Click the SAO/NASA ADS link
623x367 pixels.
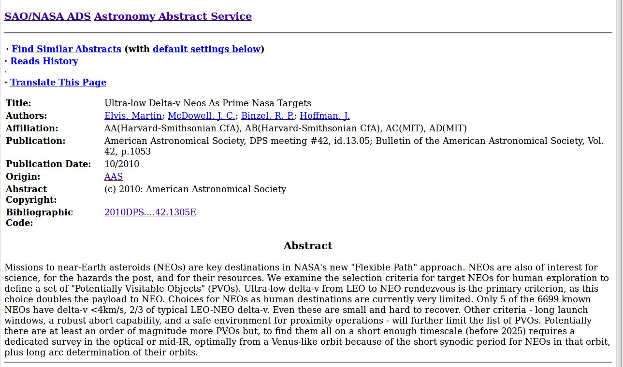point(47,16)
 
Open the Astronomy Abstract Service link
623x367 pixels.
point(173,16)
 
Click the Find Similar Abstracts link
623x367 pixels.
point(66,49)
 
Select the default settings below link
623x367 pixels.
point(206,49)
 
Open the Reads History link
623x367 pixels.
point(44,61)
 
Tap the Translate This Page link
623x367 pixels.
point(58,83)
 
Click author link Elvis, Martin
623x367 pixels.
point(133,116)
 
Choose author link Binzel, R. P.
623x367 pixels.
point(267,116)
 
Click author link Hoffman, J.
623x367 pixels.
point(324,116)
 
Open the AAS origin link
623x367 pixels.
point(114,177)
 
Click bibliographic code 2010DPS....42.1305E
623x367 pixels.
point(150,212)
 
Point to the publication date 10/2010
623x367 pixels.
point(122,164)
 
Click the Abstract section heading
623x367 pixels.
point(308,246)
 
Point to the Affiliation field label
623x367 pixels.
point(32,128)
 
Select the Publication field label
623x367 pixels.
point(35,141)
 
